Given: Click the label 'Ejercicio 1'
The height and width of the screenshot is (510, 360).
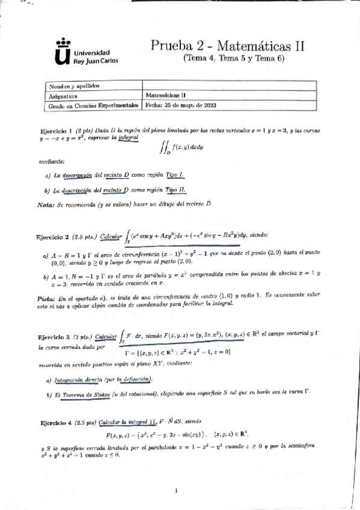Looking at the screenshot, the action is coord(55,131).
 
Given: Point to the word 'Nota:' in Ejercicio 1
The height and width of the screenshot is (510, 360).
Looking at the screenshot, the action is coord(46,204).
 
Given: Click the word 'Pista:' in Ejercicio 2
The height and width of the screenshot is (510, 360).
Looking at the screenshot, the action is coord(47,298).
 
